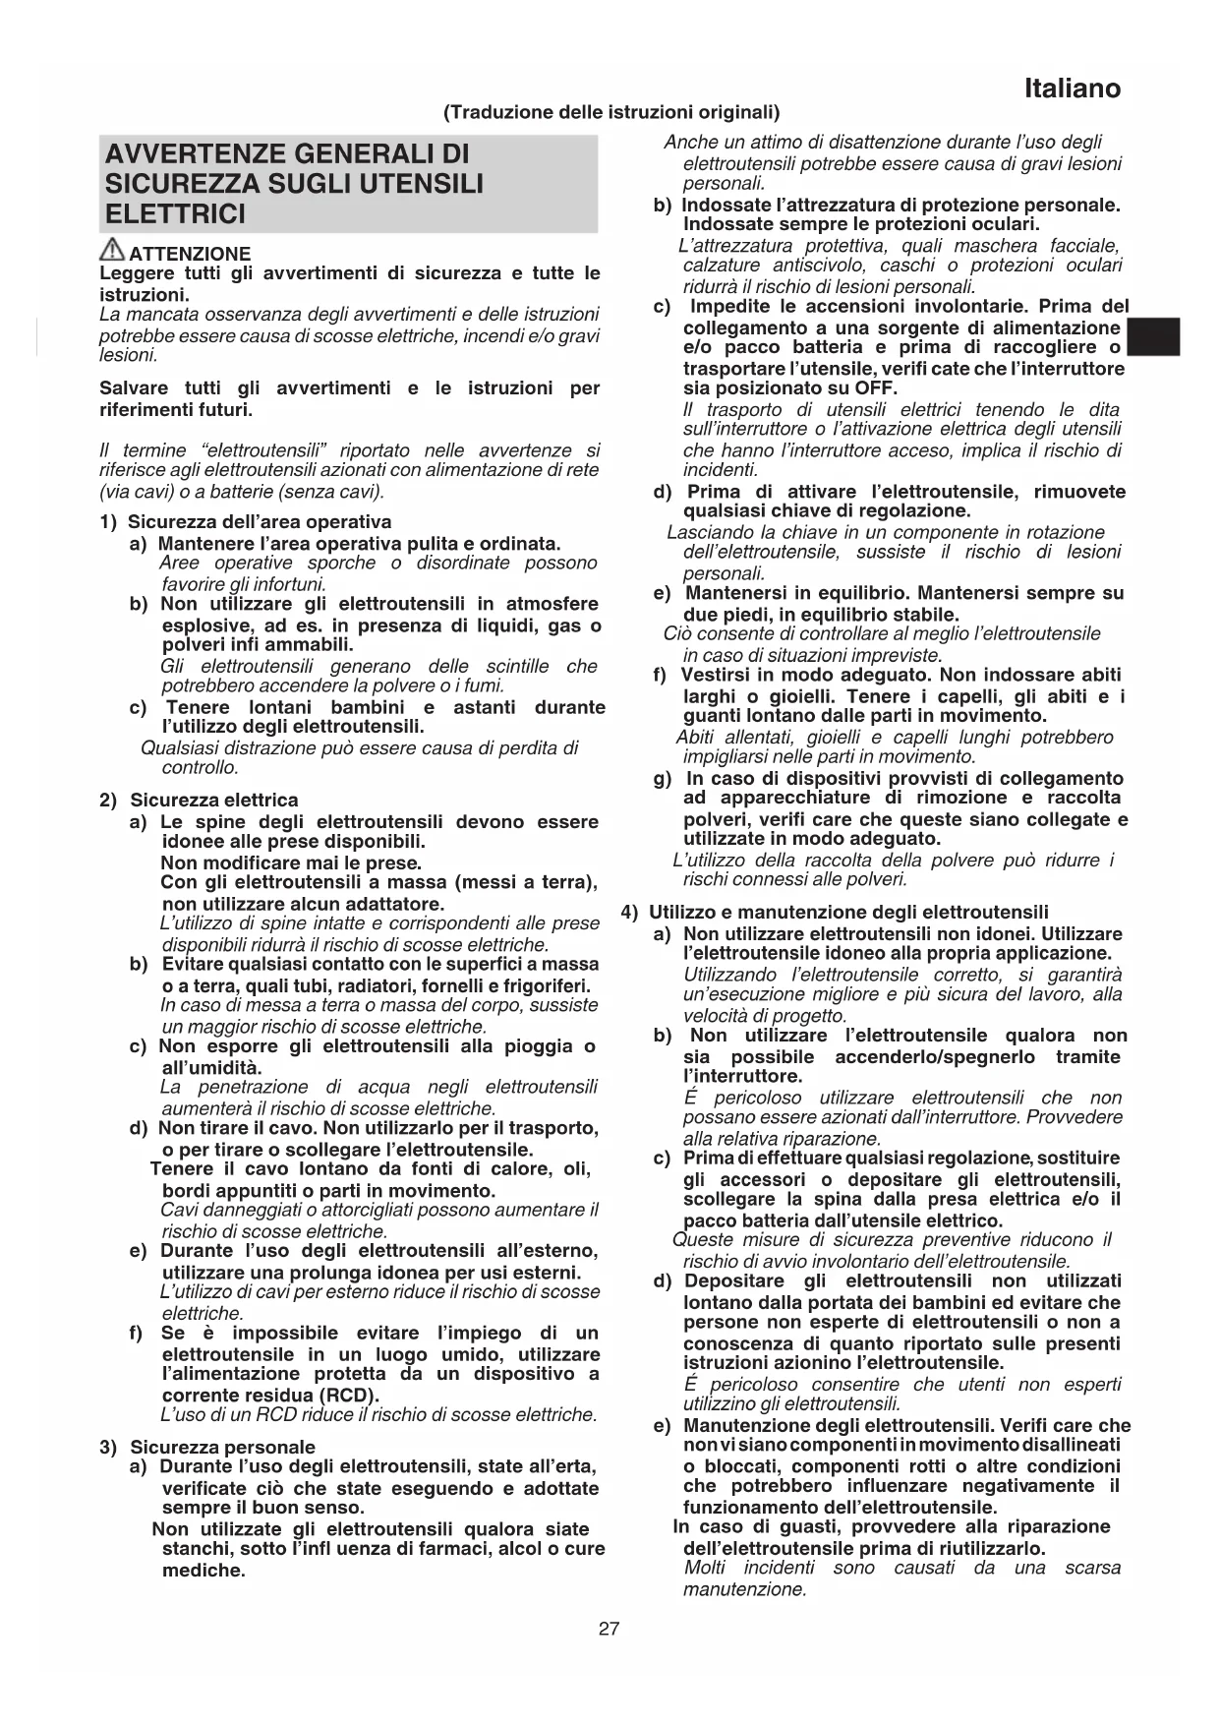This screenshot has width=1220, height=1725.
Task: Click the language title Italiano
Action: [1072, 89]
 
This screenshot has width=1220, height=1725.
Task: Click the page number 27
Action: [610, 1629]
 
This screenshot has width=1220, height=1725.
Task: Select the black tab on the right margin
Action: [1152, 337]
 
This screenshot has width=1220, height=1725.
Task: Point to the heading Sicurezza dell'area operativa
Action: [260, 522]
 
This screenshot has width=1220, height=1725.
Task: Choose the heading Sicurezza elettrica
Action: [214, 801]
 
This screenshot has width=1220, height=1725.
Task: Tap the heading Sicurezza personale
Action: [222, 1447]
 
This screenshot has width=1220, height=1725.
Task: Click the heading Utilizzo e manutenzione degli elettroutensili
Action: [848, 913]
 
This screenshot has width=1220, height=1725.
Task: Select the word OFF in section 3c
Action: [876, 388]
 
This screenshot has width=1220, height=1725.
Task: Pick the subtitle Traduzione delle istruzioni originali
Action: [611, 112]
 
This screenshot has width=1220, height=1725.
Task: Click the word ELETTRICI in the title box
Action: [175, 214]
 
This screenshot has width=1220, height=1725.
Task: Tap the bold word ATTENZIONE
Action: [190, 254]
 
